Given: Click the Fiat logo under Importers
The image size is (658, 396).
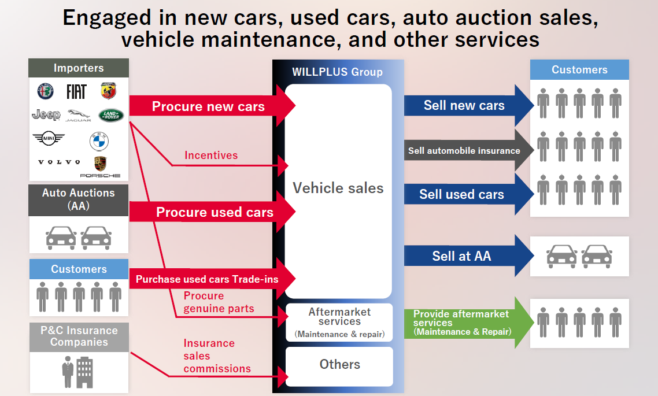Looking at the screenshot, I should [76, 91].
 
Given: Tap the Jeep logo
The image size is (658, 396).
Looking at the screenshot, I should [46, 114].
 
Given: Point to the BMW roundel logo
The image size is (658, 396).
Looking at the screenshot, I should [99, 141].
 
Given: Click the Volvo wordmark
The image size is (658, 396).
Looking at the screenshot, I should [59, 162].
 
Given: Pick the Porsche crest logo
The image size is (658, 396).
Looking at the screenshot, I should [100, 164].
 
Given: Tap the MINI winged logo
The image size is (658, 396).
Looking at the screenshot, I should [49, 139].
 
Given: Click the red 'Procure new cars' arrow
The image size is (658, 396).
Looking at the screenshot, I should [208, 106].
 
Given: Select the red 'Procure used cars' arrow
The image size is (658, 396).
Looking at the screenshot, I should [214, 212].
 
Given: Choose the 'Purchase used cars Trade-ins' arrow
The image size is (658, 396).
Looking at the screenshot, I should [207, 279].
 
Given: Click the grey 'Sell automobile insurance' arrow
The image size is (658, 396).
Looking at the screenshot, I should [464, 151].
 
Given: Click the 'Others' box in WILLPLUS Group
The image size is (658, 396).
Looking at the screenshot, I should [339, 364].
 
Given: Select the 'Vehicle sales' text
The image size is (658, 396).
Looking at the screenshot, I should [338, 188].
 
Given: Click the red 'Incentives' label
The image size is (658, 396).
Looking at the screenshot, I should [211, 155].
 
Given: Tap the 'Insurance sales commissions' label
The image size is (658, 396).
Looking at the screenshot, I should [217, 356].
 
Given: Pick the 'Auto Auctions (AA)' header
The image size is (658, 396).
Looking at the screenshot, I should [78, 198].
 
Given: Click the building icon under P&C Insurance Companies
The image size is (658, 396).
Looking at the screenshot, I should [84, 371].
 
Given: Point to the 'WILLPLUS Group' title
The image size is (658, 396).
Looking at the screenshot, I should [337, 72].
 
